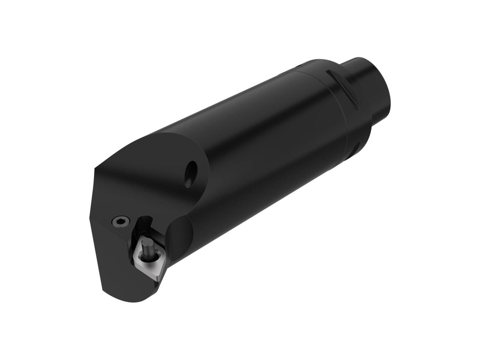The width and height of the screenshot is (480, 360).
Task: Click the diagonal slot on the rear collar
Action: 342,89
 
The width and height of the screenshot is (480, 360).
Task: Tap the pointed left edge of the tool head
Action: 90,218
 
